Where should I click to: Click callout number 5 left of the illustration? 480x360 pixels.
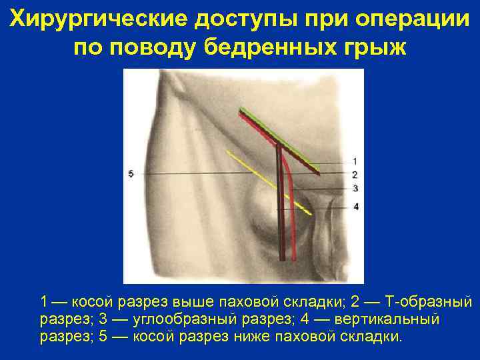(131, 174)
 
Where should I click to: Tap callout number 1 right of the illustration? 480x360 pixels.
(355, 161)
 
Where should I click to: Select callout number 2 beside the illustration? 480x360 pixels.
(355, 175)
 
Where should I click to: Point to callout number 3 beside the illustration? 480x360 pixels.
(355, 189)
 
